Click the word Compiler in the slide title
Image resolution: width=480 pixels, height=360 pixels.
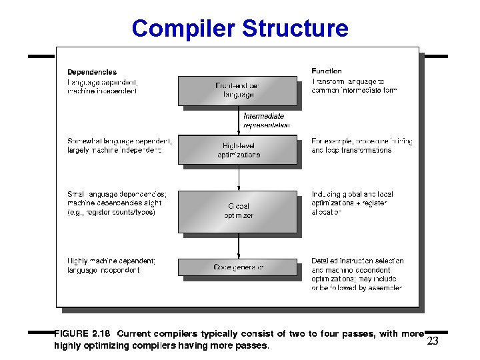pyautogui.click(x=183, y=29)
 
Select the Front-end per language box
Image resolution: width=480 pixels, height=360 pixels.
pyautogui.click(x=238, y=91)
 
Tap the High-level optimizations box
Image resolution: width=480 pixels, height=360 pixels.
pyautogui.click(x=238, y=150)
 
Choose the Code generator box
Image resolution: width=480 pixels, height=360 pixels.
pyautogui.click(x=238, y=267)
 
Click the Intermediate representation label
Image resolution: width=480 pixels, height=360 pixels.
pyautogui.click(x=266, y=121)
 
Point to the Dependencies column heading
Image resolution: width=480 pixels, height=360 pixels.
pyautogui.click(x=92, y=72)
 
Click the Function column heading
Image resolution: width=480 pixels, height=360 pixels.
pyautogui.click(x=327, y=71)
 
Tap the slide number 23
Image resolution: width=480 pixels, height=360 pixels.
pyautogui.click(x=433, y=341)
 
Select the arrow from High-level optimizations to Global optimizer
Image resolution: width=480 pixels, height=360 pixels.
pyautogui.click(x=239, y=177)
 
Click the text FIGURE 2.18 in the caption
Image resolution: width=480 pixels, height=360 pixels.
pyautogui.click(x=82, y=334)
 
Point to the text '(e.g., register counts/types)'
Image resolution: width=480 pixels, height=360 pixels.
pyautogui.click(x=111, y=213)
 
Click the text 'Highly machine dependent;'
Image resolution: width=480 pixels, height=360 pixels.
pyautogui.click(x=111, y=261)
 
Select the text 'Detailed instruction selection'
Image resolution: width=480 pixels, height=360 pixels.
pyautogui.click(x=357, y=261)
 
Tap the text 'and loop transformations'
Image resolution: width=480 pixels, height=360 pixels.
pyautogui.click(x=351, y=151)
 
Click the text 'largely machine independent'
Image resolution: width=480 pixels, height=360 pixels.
pyautogui.click(x=114, y=151)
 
